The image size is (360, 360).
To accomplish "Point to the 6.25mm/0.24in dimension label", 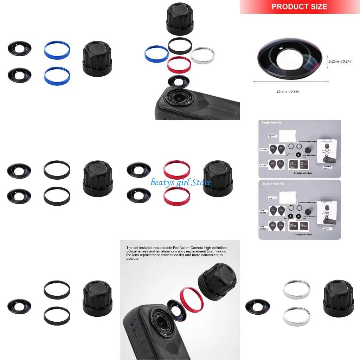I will tap(340, 61).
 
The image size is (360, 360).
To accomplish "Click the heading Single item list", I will tap(272, 123).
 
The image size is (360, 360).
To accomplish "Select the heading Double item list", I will tap(273, 184).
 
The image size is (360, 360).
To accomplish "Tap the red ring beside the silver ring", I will tap(179, 64).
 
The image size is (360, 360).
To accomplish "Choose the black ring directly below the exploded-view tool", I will tap(180, 45).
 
